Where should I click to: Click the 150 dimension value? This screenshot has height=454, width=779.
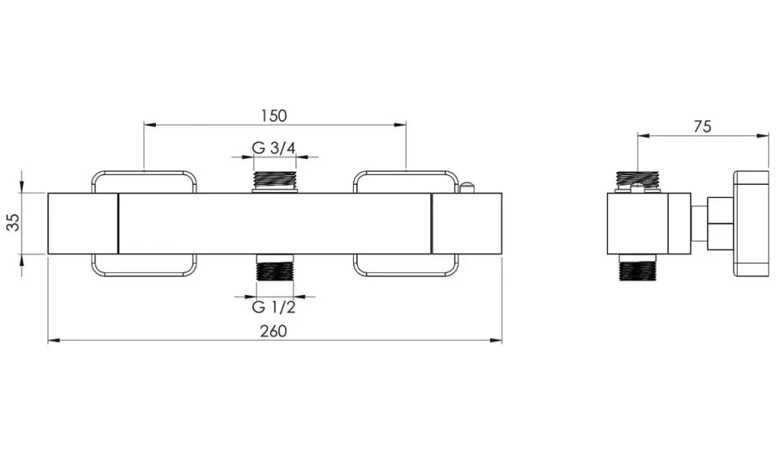(274, 116)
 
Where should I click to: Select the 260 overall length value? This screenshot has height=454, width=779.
(274, 331)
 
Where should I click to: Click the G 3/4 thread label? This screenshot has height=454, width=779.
(273, 148)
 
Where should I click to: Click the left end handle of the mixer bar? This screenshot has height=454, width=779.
(83, 224)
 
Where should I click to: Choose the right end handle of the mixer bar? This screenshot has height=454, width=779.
(467, 224)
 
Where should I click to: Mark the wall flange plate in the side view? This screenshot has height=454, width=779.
(751, 223)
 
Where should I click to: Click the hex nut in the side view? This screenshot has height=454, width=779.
(718, 223)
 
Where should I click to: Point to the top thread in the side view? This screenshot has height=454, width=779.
(638, 178)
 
